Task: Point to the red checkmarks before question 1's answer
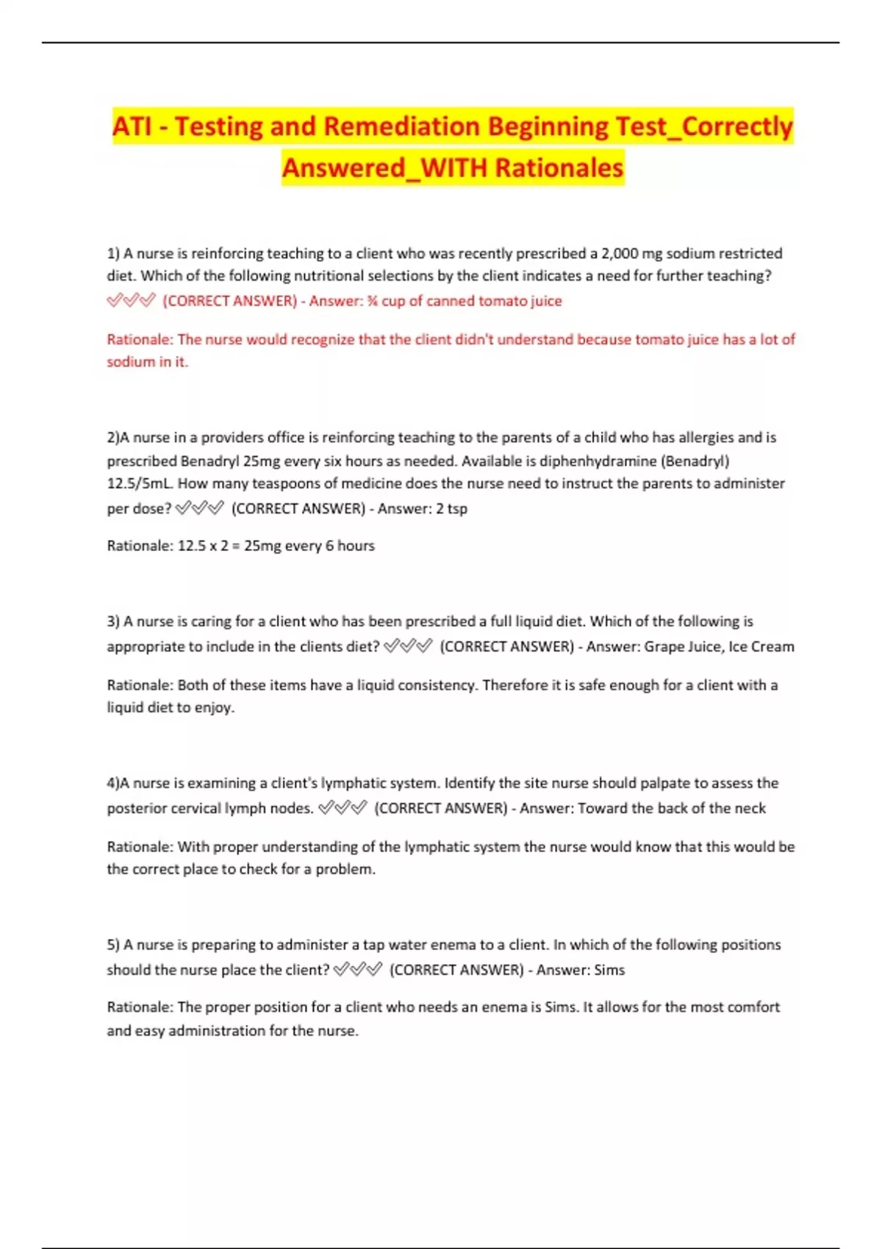[131, 301]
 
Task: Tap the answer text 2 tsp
[451, 508]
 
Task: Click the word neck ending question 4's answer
[750, 808]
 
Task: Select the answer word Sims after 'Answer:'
[609, 970]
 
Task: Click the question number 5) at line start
[113, 945]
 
